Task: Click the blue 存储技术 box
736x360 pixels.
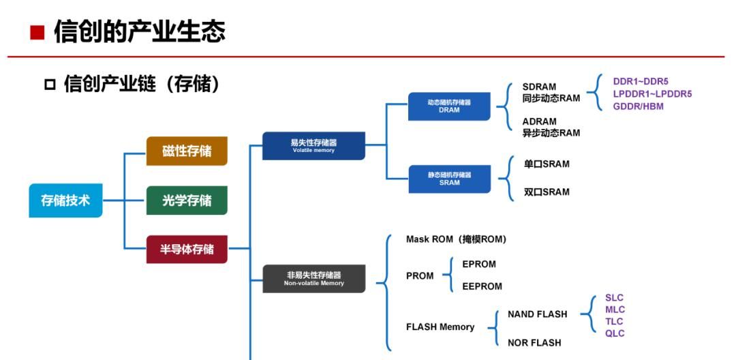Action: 65,200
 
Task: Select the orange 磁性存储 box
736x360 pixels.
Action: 187,151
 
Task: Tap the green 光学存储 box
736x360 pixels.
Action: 187,200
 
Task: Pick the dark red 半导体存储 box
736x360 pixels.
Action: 187,250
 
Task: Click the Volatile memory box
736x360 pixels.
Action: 313,146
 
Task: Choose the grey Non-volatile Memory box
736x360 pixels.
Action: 313,278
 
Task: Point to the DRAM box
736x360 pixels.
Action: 449,106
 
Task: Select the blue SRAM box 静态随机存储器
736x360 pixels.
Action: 449,179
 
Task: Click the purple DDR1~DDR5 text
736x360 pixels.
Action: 641,81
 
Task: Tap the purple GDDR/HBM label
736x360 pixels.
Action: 638,106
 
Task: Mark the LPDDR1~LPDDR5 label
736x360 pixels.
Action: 652,94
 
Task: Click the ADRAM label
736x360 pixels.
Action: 539,121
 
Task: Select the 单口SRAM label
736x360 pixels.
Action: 546,164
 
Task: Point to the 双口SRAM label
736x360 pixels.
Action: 546,192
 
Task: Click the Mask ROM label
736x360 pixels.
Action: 456,239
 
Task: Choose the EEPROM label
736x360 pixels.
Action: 482,287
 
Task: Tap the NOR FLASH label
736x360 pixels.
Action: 534,343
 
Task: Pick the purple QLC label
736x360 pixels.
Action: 614,333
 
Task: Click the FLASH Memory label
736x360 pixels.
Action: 440,327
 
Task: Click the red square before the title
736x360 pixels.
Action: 37,32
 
